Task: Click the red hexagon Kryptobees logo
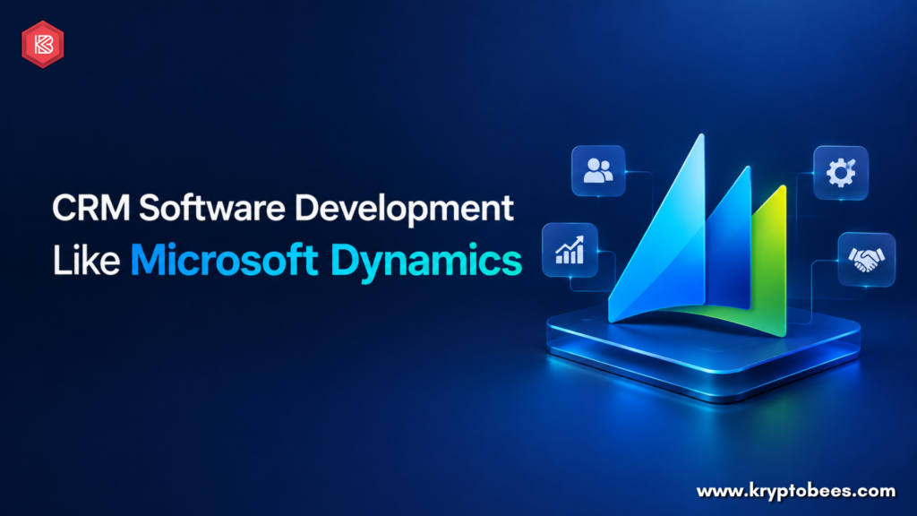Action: [43, 45]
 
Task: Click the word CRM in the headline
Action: [91, 208]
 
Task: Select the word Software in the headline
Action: [211, 207]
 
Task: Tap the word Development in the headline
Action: [404, 209]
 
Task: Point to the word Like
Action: [87, 260]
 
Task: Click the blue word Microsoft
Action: [225, 259]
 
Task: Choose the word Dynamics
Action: [425, 261]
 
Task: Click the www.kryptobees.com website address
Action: [795, 491]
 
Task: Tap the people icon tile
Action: [598, 171]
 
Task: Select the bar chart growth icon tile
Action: [570, 250]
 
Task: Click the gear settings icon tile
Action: [841, 173]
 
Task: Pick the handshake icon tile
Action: [866, 259]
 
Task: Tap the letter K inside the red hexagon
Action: [43, 45]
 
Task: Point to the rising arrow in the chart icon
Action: [570, 245]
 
